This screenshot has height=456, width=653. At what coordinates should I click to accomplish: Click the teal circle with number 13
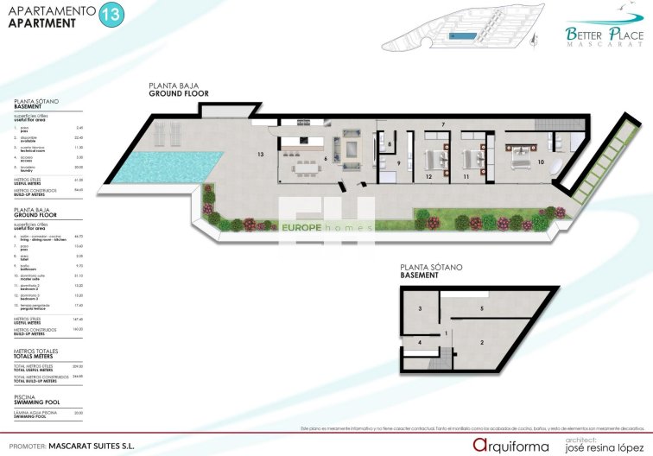click(x=111, y=14)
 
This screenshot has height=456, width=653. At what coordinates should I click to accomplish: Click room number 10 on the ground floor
click(x=541, y=161)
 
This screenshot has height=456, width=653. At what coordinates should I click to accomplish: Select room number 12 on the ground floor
click(x=428, y=175)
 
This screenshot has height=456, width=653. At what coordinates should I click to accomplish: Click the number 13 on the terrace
click(x=259, y=153)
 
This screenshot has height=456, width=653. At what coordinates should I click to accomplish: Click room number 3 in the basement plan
click(x=420, y=307)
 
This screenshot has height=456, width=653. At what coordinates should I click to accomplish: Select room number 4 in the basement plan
click(x=420, y=342)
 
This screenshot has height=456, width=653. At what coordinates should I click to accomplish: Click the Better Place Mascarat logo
click(x=604, y=37)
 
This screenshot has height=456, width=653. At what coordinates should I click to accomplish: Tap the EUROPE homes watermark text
click(x=326, y=227)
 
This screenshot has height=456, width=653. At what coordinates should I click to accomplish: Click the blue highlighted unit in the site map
click(x=463, y=38)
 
